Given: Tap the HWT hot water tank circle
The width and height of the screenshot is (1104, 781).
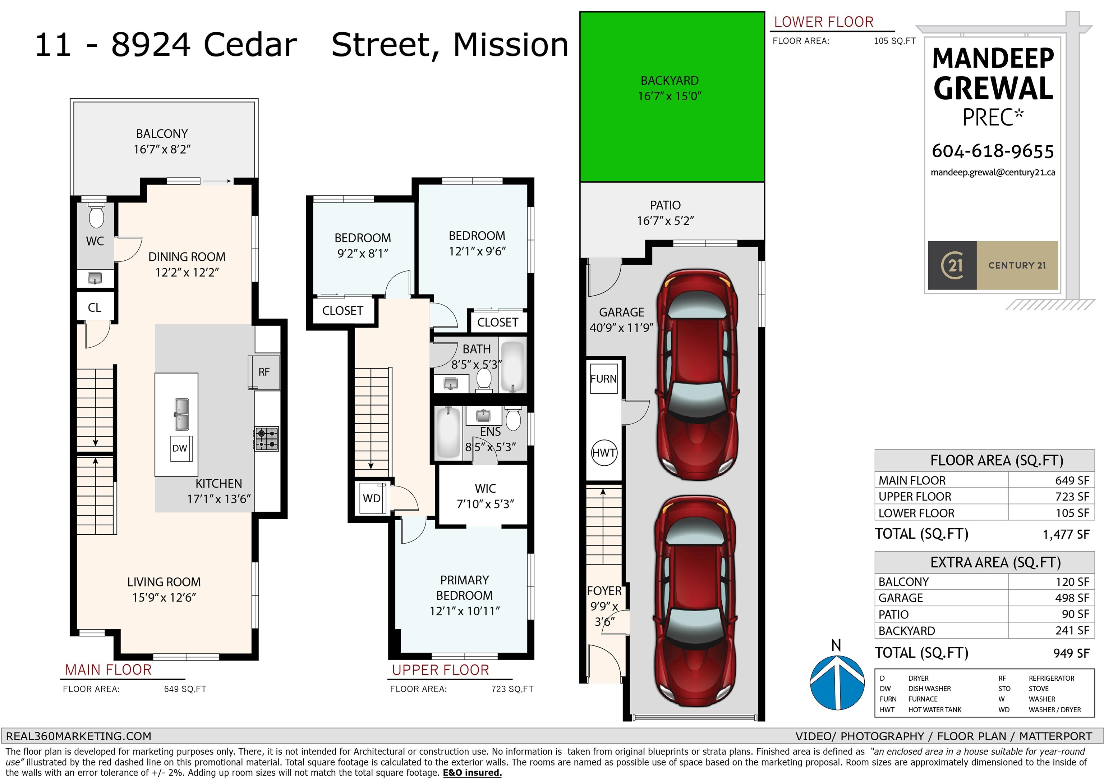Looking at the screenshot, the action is (x=604, y=452).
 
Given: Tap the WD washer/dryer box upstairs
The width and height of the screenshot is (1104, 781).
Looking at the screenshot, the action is (x=372, y=498).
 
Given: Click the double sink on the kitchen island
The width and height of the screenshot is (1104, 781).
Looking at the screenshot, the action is (x=181, y=414).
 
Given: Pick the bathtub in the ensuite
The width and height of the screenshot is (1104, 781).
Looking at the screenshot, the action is (x=448, y=432).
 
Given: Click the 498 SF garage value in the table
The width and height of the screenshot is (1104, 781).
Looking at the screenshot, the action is (x=1072, y=598).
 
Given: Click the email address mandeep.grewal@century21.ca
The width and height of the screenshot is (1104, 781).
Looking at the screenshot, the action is (x=993, y=173).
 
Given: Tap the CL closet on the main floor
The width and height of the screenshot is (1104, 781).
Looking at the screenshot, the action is (x=95, y=307).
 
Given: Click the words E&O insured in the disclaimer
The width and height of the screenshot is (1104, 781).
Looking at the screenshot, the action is (x=472, y=773).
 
